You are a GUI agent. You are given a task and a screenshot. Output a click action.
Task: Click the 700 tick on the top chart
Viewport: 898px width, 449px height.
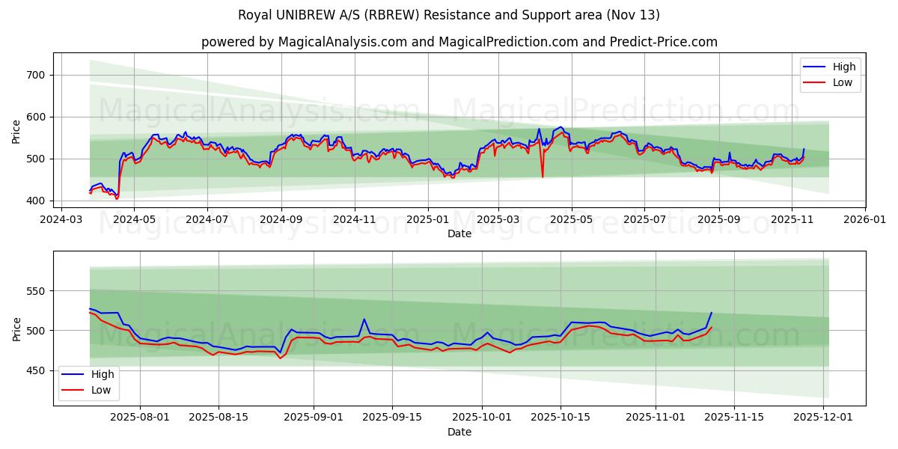click(36, 75)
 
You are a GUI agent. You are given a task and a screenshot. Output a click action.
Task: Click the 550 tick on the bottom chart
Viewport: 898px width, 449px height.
click(36, 291)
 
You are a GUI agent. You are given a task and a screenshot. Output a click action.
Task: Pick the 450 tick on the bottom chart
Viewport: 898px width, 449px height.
click(36, 370)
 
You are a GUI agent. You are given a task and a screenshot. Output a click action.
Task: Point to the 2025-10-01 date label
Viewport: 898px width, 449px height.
click(481, 418)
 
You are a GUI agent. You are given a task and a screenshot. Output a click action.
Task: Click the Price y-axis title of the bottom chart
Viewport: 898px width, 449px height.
click(17, 329)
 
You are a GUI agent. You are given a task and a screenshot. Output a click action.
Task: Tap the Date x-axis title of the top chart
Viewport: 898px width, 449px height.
click(459, 233)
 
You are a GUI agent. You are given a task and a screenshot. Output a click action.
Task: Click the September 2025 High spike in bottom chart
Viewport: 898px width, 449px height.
click(364, 320)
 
